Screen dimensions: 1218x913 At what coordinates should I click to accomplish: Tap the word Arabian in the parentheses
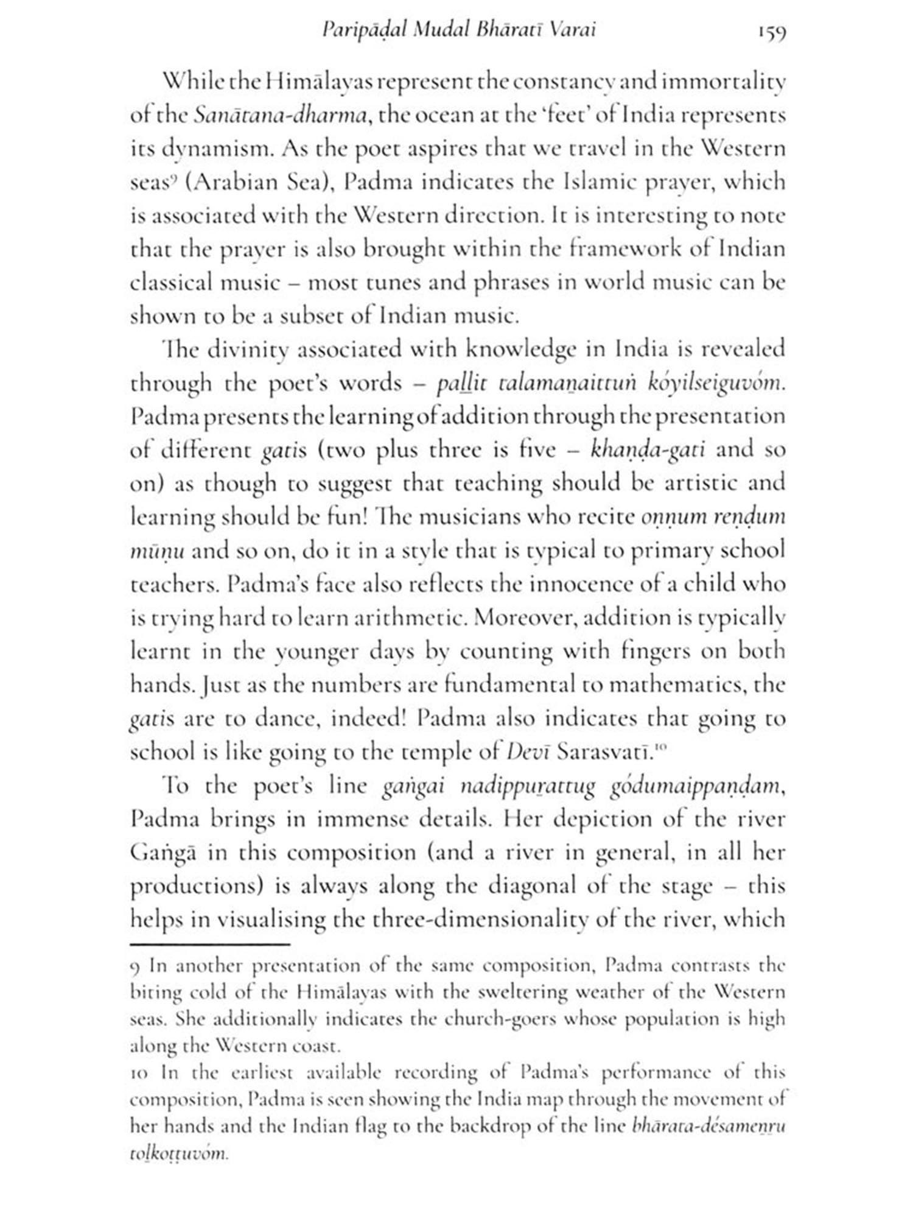pyautogui.click(x=234, y=182)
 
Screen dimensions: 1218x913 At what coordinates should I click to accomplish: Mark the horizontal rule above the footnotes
pyautogui.click(x=210, y=944)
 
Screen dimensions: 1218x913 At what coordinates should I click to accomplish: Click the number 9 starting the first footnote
pyautogui.click(x=136, y=966)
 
